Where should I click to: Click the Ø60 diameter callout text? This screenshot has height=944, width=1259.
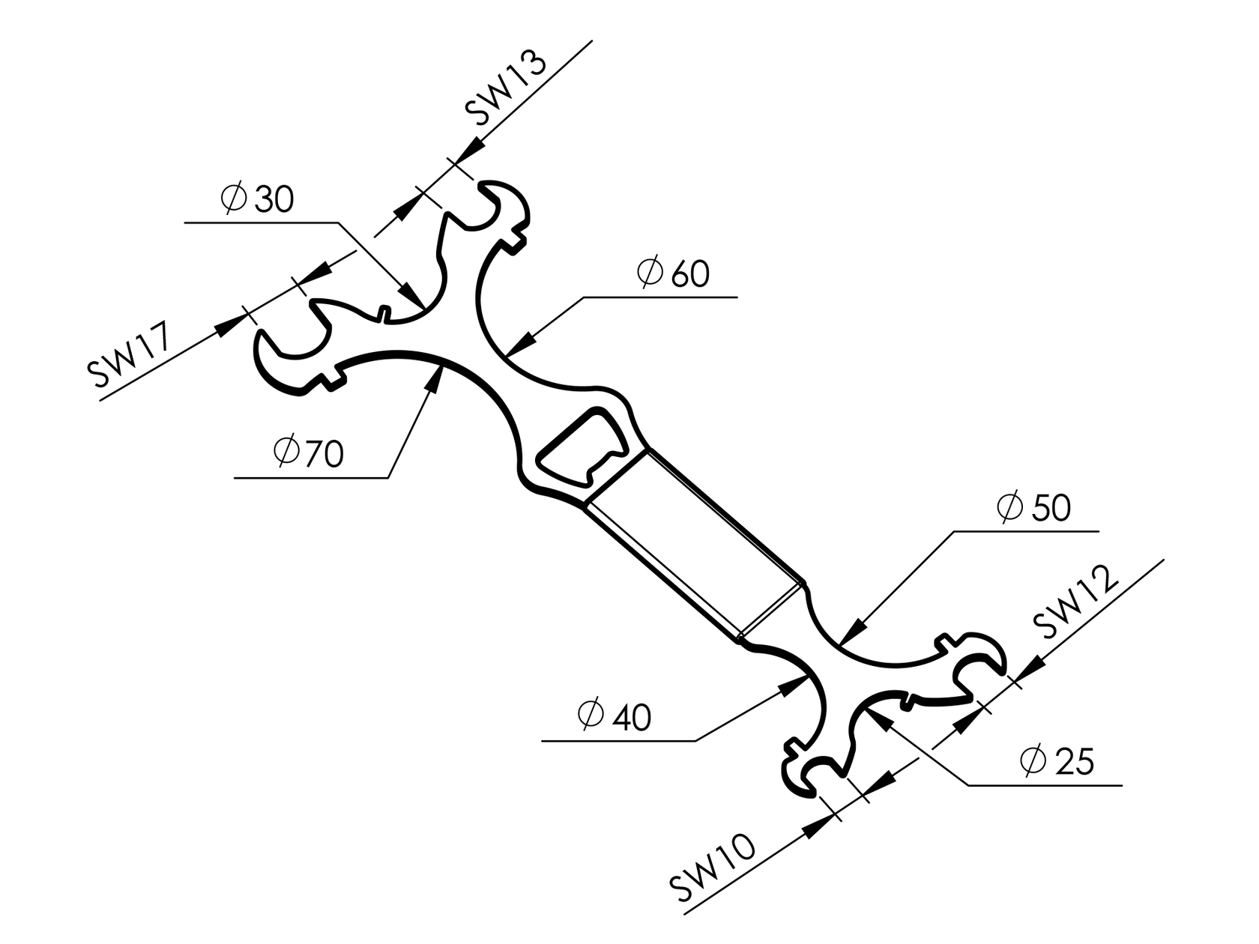[673, 273]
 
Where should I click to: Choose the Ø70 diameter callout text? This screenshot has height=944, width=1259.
[309, 453]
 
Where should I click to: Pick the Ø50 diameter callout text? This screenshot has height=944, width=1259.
[1034, 508]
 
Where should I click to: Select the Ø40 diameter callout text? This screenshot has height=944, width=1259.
[615, 717]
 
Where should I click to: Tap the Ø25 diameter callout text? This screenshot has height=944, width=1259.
[1057, 762]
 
